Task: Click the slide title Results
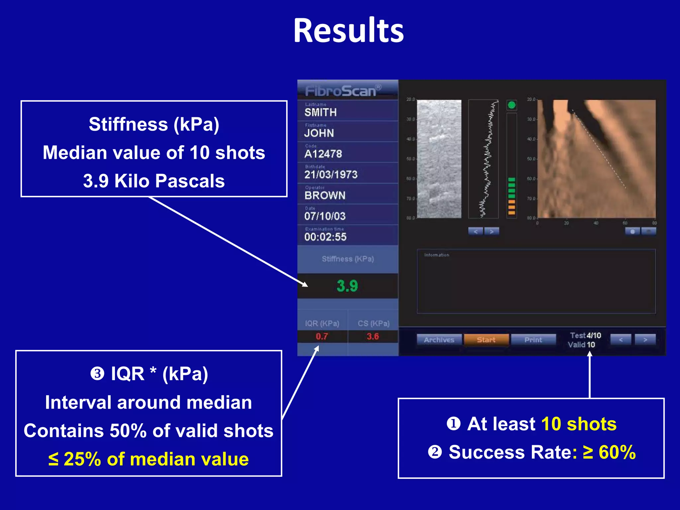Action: [x=348, y=31]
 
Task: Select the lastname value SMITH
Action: [x=320, y=113]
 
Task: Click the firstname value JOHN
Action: [x=319, y=133]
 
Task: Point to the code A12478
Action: [x=323, y=154]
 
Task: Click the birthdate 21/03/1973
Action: [x=331, y=175]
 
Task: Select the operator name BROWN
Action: [x=325, y=196]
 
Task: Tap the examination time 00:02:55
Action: [x=325, y=237]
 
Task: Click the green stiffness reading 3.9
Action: [x=347, y=286]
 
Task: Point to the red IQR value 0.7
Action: [x=321, y=337]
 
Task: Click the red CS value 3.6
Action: [x=373, y=337]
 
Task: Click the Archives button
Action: [x=439, y=340]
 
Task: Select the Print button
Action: [x=533, y=340]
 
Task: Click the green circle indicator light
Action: [x=512, y=105]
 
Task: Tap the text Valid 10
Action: [x=581, y=345]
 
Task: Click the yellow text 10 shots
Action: [x=579, y=424]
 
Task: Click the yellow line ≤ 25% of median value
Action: [x=148, y=459]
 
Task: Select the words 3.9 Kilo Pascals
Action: [x=154, y=181]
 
